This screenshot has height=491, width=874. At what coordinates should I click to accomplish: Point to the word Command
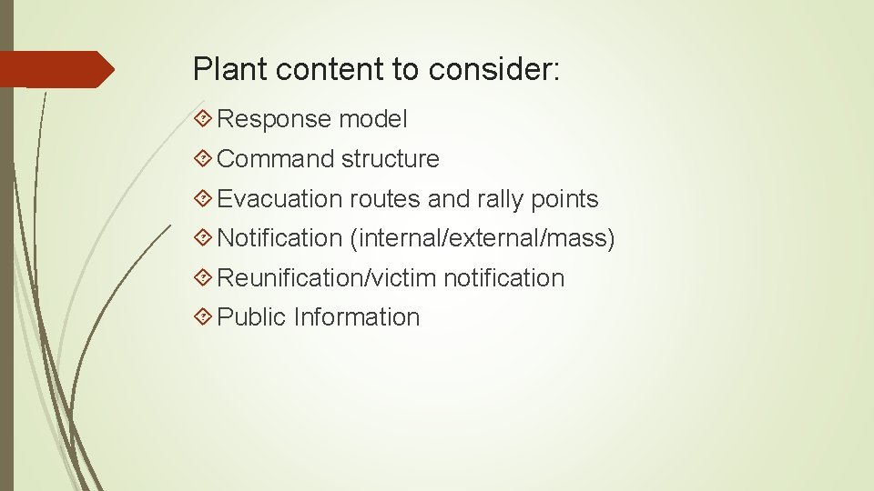click(x=277, y=159)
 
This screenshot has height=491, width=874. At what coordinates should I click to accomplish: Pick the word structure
click(x=391, y=159)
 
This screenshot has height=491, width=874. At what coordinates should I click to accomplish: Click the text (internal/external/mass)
click(x=482, y=238)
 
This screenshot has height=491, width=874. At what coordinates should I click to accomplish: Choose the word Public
click(x=252, y=317)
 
